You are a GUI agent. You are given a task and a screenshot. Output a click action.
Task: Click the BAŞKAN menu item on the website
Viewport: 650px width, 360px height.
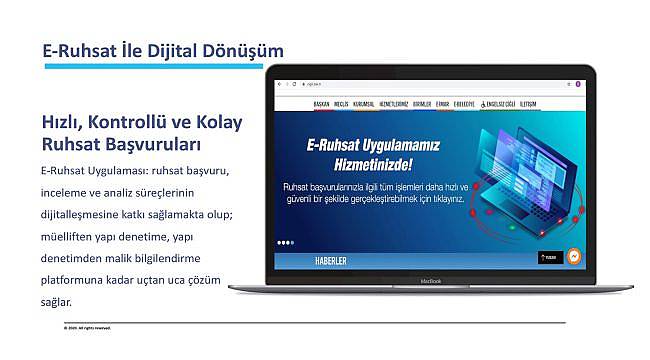321,104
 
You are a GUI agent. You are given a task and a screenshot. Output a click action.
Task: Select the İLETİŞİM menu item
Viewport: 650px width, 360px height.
528,104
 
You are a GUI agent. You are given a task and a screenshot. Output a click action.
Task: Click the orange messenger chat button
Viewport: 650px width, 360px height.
574,257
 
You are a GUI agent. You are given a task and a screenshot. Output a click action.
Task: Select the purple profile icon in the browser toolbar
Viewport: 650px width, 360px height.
579,83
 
